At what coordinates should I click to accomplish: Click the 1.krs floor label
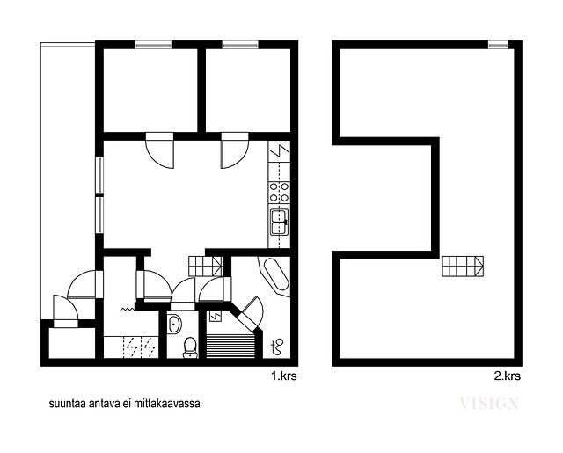pyautogui.click(x=283, y=376)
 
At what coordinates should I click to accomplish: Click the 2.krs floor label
pyautogui.click(x=507, y=376)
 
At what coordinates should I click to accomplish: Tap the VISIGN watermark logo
pyautogui.click(x=489, y=404)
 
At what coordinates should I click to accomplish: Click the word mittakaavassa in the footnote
pyautogui.click(x=167, y=404)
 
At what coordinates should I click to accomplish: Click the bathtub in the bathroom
pyautogui.click(x=276, y=274)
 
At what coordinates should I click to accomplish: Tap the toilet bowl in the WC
pyautogui.click(x=190, y=347)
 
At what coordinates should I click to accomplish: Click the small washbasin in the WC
pyautogui.click(x=174, y=324)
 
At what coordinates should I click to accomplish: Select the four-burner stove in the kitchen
pyautogui.click(x=279, y=193)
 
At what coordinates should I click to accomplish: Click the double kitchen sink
pyautogui.click(x=280, y=223)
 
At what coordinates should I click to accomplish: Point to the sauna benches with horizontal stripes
pyautogui.click(x=230, y=346)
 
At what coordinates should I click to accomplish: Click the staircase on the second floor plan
pyautogui.click(x=463, y=267)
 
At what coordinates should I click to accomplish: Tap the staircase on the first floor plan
pyautogui.click(x=205, y=266)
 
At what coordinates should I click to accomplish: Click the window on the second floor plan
pyautogui.click(x=499, y=44)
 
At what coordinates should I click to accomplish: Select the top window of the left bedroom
pyautogui.click(x=153, y=45)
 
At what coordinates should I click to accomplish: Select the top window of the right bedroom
pyautogui.click(x=240, y=45)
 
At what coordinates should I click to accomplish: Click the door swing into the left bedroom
pyautogui.click(x=160, y=150)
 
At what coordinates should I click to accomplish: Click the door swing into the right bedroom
pyautogui.click(x=235, y=150)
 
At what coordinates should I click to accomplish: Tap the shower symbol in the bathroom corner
pyautogui.click(x=277, y=347)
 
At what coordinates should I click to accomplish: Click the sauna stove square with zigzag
pyautogui.click(x=216, y=317)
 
